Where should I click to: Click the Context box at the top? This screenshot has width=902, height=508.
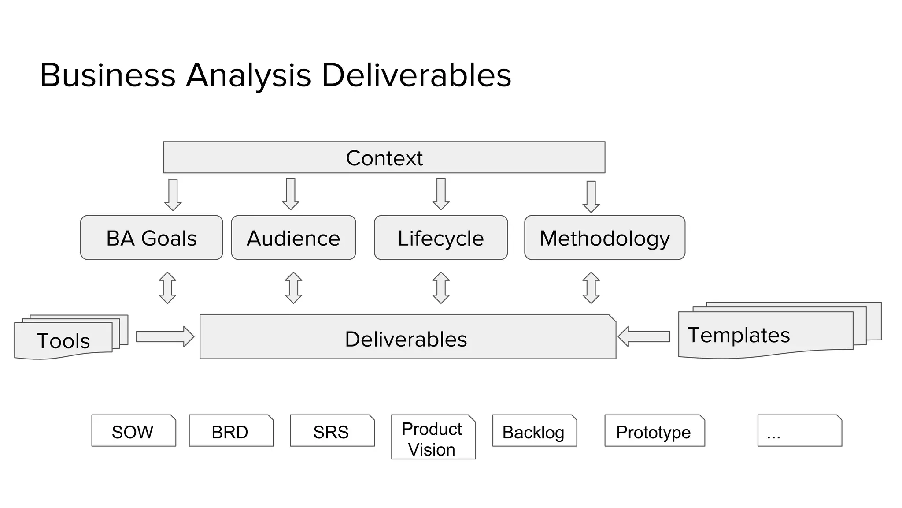384,157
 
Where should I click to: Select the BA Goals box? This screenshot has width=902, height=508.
152,238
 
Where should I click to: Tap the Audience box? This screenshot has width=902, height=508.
293,238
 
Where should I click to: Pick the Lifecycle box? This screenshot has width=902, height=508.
441,238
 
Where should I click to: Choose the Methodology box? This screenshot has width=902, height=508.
605,238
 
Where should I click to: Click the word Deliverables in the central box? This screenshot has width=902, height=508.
406,339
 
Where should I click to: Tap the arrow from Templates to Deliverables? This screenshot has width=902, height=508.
644,336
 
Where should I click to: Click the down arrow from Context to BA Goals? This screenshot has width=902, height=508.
173,194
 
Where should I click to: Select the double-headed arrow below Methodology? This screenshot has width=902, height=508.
591,288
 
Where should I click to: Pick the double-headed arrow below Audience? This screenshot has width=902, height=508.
293,288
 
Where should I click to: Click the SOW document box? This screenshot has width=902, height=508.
133,431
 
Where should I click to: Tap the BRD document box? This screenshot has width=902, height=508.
231,431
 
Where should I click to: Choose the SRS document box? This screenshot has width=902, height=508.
332,431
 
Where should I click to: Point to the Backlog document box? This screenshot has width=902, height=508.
534,431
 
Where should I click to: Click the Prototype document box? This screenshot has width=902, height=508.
654,431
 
